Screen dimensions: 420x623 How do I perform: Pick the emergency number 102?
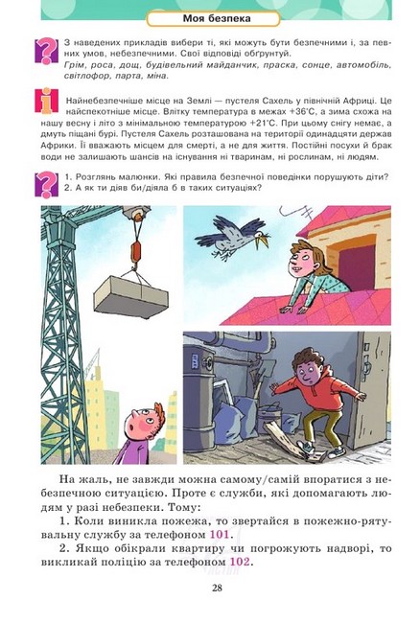(241, 562)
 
